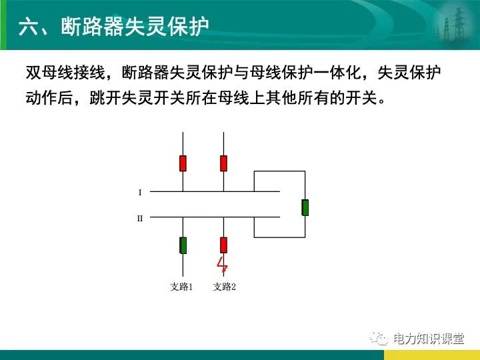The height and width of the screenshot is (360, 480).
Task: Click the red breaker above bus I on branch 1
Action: click(x=183, y=163)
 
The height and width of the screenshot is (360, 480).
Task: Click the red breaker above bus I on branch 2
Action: click(x=223, y=163)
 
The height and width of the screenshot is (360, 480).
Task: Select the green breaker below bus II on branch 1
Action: click(x=183, y=245)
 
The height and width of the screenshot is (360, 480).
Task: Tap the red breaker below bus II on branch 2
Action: click(x=223, y=245)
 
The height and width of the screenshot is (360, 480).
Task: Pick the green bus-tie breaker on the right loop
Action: click(x=305, y=207)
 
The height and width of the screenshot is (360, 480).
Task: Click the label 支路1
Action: click(x=181, y=287)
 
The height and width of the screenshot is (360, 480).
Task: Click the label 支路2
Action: click(x=225, y=287)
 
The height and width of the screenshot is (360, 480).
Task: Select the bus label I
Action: click(x=140, y=193)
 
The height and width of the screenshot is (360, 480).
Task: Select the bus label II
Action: click(x=140, y=218)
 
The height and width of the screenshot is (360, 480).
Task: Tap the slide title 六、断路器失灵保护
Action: click(x=113, y=27)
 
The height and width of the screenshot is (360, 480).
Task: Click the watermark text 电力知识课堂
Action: click(x=428, y=339)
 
